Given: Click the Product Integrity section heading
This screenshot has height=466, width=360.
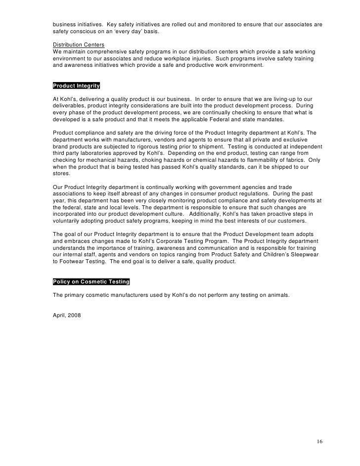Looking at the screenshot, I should (76, 86).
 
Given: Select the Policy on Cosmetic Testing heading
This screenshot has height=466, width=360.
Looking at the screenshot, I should (91, 282).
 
